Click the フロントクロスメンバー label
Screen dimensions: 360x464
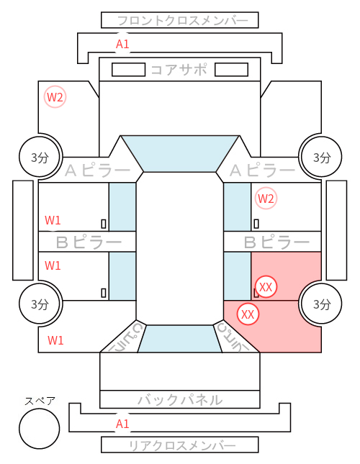pos(182,21)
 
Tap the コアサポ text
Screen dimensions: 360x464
pos(179,70)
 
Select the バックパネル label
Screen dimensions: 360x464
pos(180,400)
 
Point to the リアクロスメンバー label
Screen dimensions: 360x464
pos(182,445)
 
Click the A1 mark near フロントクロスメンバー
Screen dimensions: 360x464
pos(122,44)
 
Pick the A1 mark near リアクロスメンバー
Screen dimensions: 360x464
pos(122,424)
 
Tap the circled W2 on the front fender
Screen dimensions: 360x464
pos(55,97)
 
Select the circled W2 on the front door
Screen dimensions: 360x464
pos(266,199)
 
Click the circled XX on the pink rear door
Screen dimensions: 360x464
pos(266,287)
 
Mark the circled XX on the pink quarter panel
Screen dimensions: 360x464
pos(248,314)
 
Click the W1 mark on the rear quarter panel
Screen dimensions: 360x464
pos(55,340)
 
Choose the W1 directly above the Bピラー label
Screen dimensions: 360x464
pos(53,220)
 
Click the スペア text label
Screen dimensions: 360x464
pos(40,401)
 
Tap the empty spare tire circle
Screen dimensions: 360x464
pos(40,429)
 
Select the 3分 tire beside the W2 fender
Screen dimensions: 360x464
pos(40,157)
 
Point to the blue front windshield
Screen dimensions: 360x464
pos(180,153)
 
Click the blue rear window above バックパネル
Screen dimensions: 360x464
pos(180,339)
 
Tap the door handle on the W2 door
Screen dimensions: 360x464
pos(256,224)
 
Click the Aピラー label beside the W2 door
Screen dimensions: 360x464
pos(262,170)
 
